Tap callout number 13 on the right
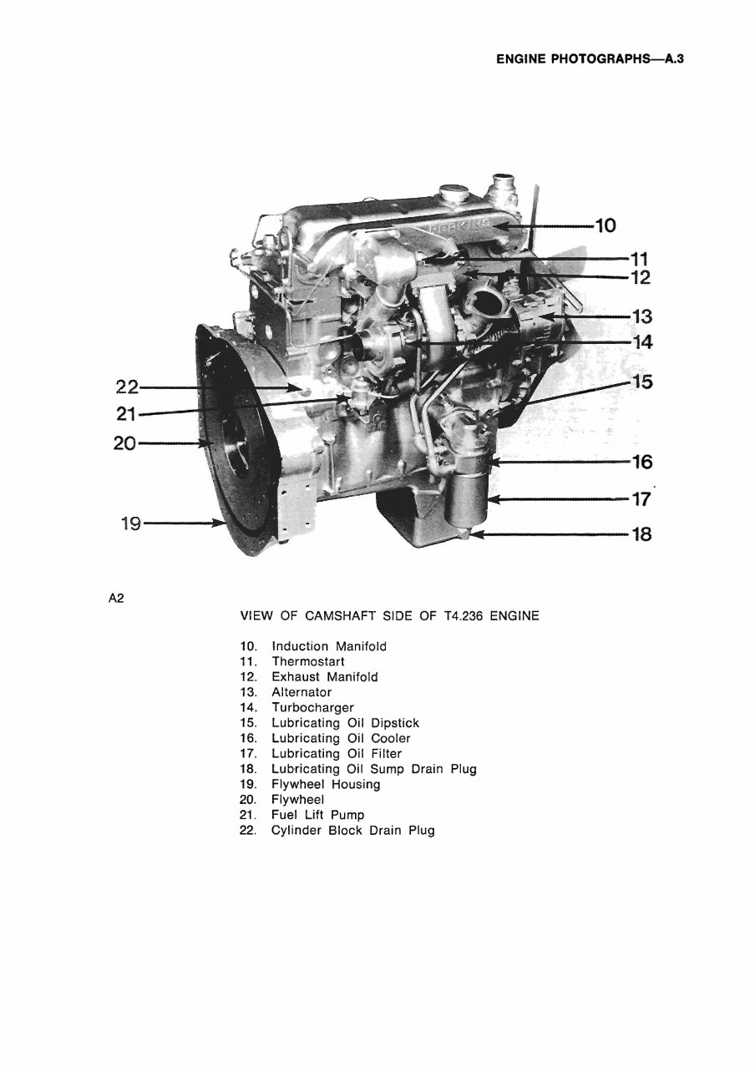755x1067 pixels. point(641,317)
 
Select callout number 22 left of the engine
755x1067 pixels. point(126,387)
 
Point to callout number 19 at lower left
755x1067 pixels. point(130,524)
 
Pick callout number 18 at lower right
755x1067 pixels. point(641,533)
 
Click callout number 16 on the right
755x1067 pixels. point(641,462)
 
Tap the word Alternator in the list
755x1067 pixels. point(301,692)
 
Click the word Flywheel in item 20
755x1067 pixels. point(297,800)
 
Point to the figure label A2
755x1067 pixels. point(116,598)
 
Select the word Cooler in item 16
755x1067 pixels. point(391,739)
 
